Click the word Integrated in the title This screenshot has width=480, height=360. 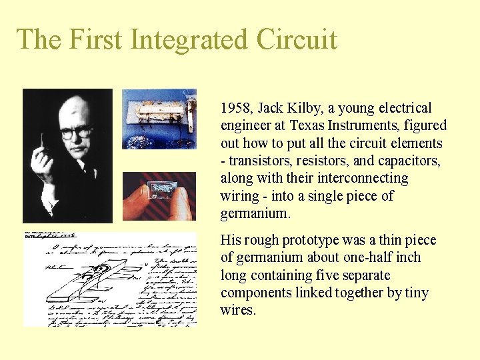pyautogui.click(x=190, y=40)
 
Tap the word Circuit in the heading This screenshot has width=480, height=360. pyautogui.click(x=297, y=40)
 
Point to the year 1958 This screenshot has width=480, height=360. pyautogui.click(x=235, y=108)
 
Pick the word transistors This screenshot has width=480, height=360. pyautogui.click(x=261, y=161)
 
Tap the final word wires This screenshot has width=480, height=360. pyautogui.click(x=237, y=310)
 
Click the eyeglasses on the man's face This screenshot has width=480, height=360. pyautogui.click(x=75, y=132)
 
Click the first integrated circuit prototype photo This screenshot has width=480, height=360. pyautogui.click(x=159, y=118)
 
